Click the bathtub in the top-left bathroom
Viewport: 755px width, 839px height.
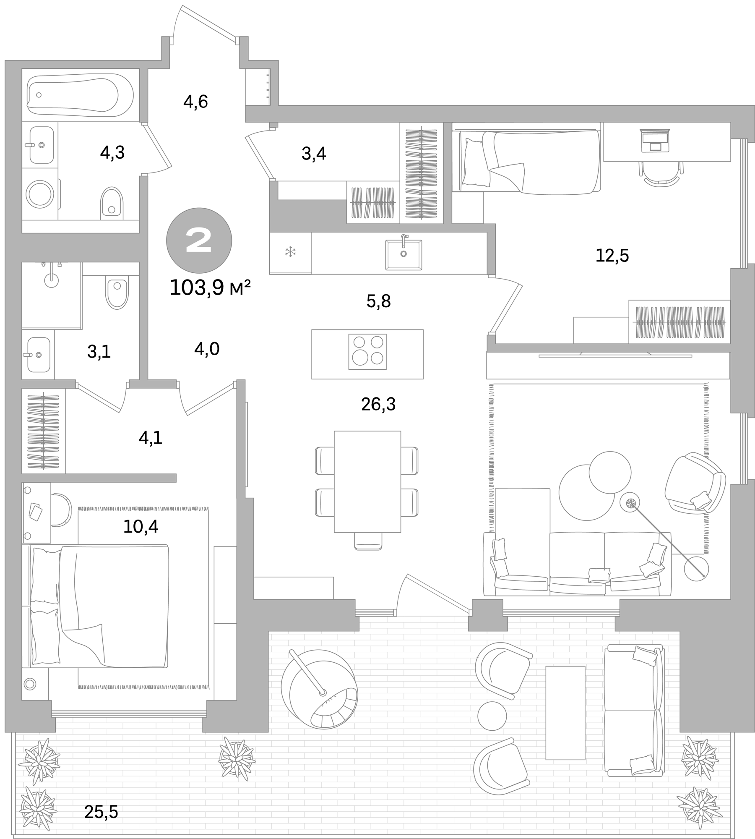80,95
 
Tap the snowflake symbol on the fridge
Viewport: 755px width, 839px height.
290,252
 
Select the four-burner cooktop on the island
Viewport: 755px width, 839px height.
367,352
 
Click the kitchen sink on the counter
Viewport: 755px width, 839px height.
404,254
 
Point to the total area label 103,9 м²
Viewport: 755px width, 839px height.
210,288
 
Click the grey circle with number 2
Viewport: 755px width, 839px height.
199,240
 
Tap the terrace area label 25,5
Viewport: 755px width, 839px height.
101,812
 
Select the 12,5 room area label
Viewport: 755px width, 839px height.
612,256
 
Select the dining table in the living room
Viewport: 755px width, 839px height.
367,481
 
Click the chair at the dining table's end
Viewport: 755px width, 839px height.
368,541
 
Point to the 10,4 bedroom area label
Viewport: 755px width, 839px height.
141,526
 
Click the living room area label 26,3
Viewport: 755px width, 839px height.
378,404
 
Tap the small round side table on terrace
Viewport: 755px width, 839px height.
492,716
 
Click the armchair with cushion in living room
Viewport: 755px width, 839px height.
695,483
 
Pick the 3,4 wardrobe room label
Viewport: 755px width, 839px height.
313,154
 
